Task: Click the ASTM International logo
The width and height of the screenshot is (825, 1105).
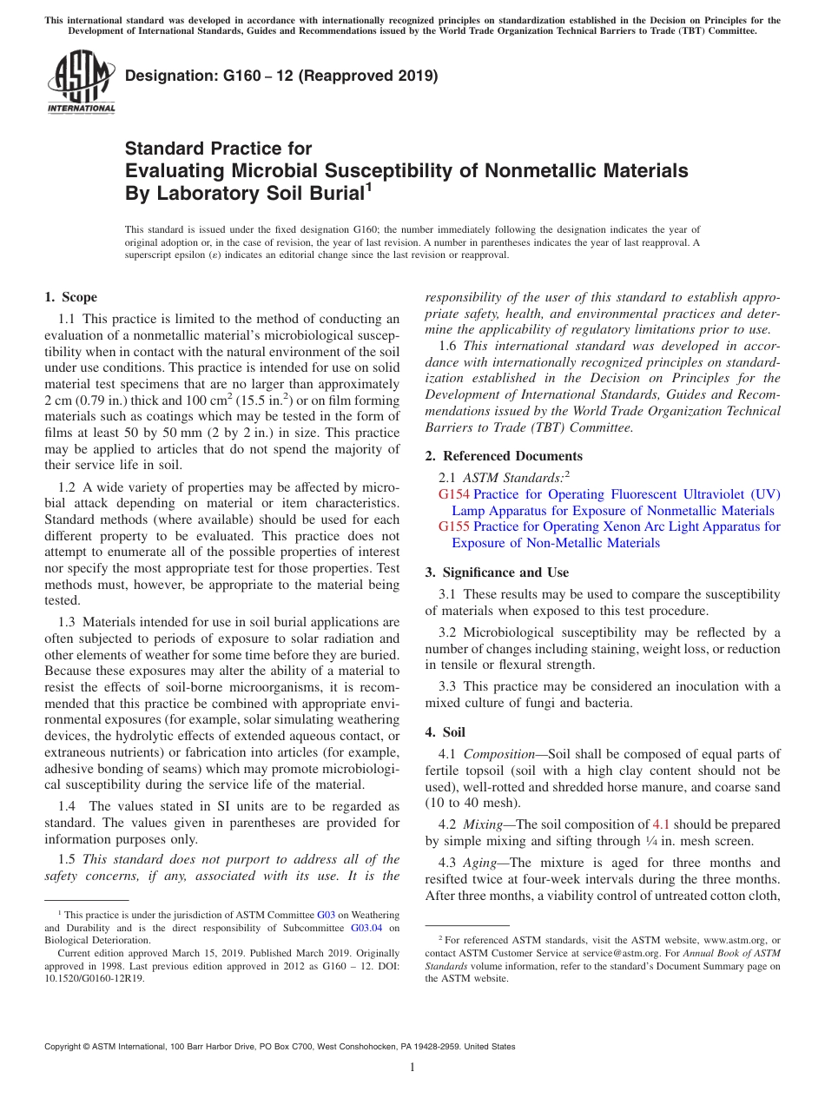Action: pyautogui.click(x=81, y=83)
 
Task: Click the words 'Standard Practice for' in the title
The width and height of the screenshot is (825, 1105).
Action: pyautogui.click(x=218, y=149)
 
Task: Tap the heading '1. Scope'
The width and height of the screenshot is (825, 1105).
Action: pyautogui.click(x=70, y=297)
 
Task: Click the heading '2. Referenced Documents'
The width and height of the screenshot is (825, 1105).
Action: pyautogui.click(x=504, y=456)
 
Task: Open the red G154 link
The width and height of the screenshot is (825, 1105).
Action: pyautogui.click(x=453, y=494)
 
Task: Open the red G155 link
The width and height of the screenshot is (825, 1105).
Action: pyautogui.click(x=453, y=526)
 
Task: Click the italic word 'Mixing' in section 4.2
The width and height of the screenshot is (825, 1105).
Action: pyautogui.click(x=485, y=824)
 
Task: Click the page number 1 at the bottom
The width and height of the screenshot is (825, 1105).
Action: pyautogui.click(x=412, y=1068)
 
